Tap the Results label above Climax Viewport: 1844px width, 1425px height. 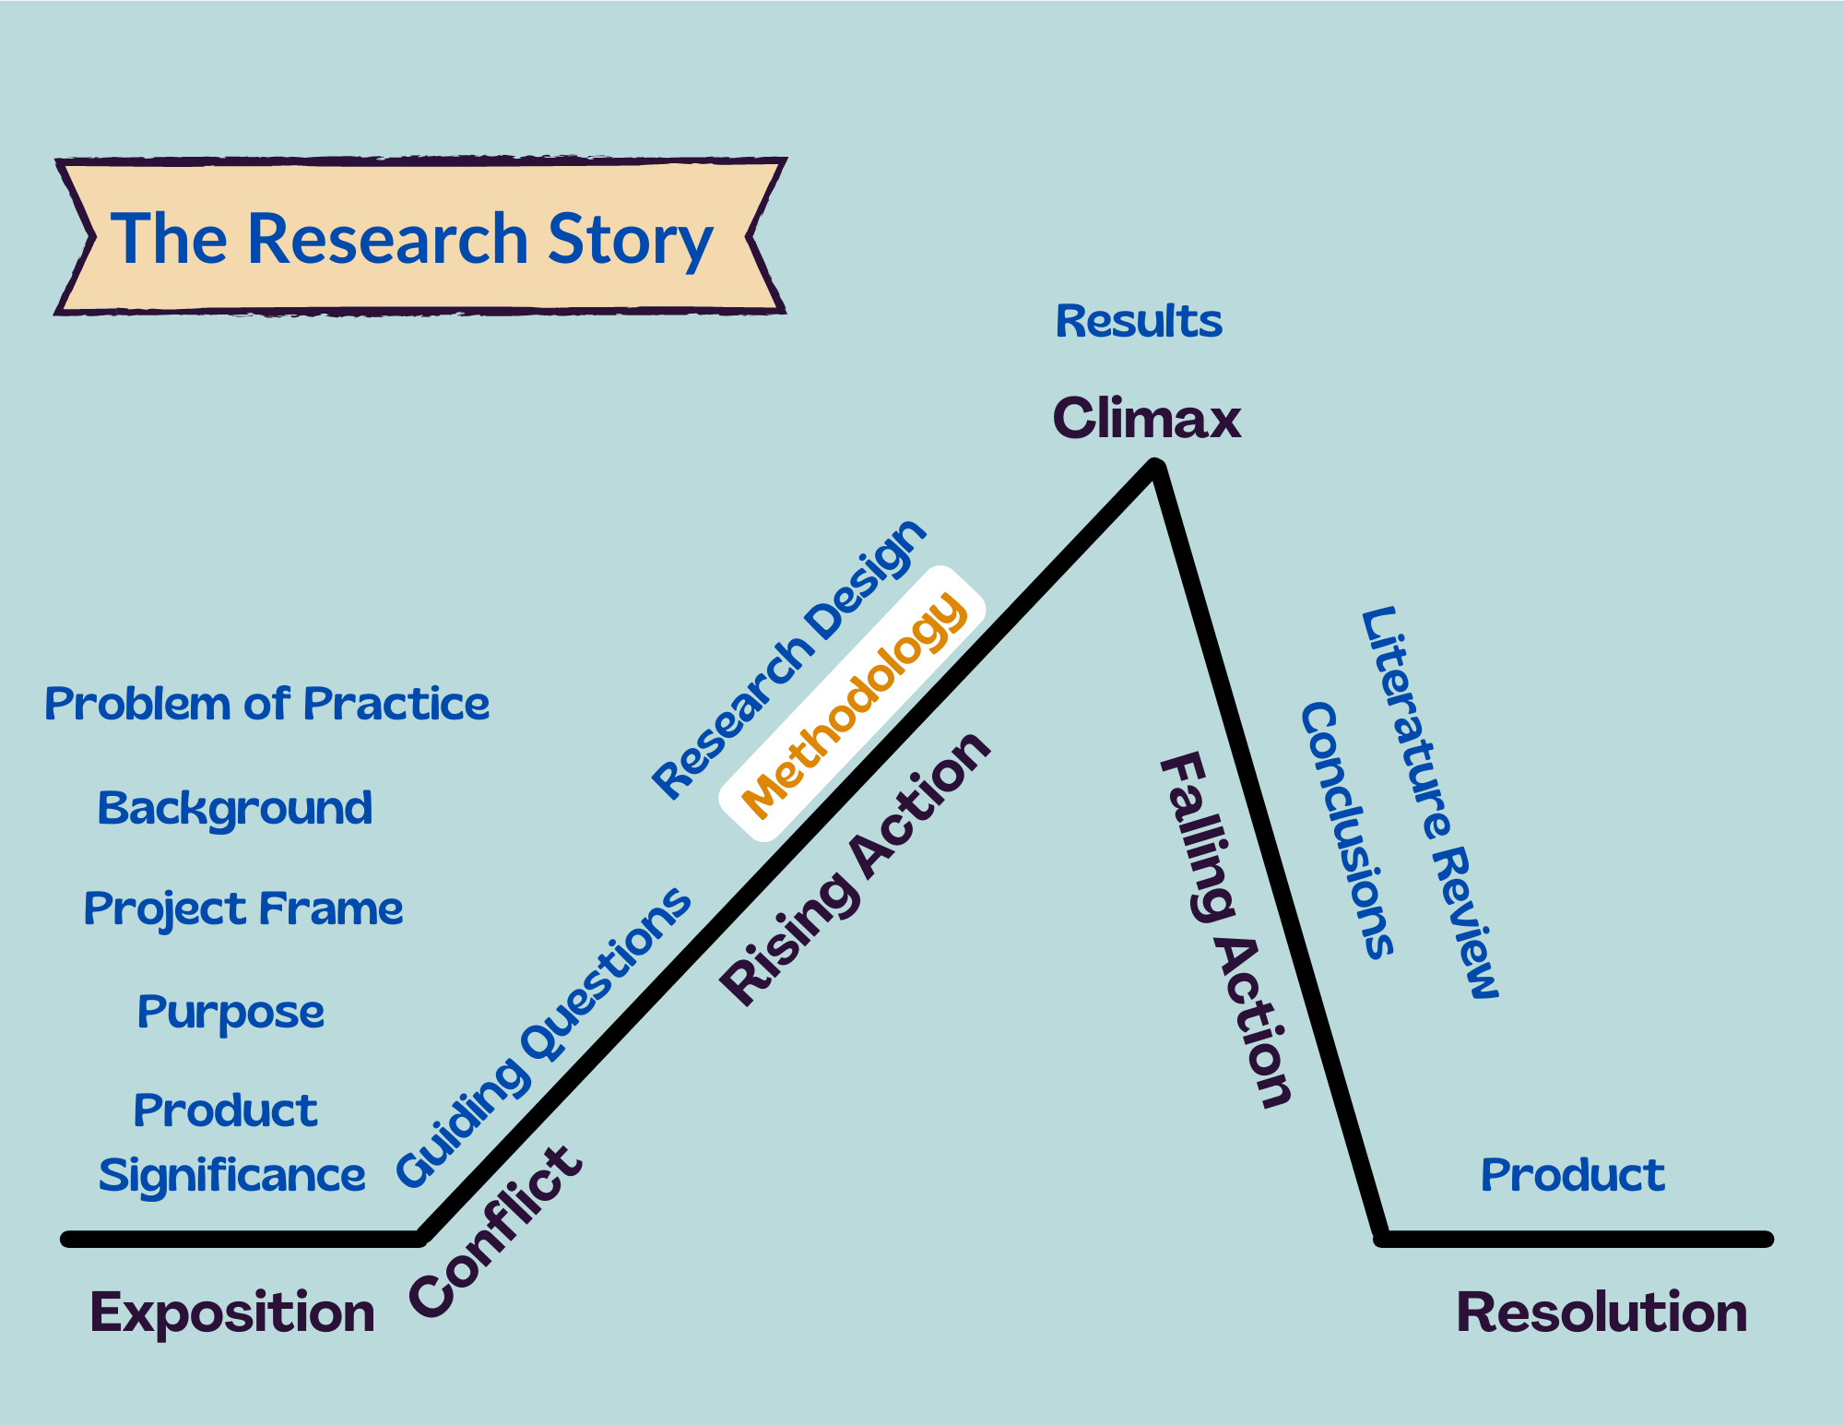1138,322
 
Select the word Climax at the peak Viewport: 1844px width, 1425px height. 1146,418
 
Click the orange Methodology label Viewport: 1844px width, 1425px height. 854,706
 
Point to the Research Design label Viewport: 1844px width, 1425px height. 788,659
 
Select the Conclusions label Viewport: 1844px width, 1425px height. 1346,830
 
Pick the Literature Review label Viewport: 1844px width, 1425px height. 1429,802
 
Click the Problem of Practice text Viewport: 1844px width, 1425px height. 266,705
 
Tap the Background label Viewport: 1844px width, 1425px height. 235,809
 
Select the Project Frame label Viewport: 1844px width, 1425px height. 243,909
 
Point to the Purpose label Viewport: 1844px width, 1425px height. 230,1013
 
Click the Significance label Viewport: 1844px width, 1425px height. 232,1176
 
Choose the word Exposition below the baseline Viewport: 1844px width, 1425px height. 232,1312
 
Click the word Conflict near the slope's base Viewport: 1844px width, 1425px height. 495,1232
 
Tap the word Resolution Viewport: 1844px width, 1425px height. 1602,1312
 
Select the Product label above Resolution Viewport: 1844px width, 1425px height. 1572,1175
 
